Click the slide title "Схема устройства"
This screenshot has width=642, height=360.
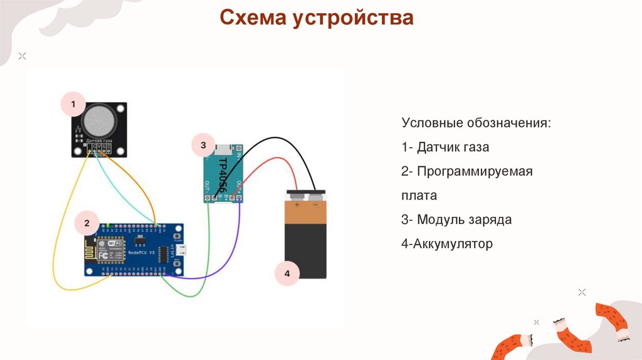tap(316, 18)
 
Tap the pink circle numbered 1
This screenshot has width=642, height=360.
tap(73, 104)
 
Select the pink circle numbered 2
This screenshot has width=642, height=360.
tap(87, 223)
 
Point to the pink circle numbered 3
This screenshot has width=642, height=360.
tap(203, 146)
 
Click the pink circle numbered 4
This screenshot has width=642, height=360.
tap(287, 273)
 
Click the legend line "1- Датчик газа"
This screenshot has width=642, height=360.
tap(445, 147)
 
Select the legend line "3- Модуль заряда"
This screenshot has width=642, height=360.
tap(456, 220)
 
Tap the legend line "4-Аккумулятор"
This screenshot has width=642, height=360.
tap(447, 243)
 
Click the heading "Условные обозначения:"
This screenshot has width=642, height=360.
tap(476, 123)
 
